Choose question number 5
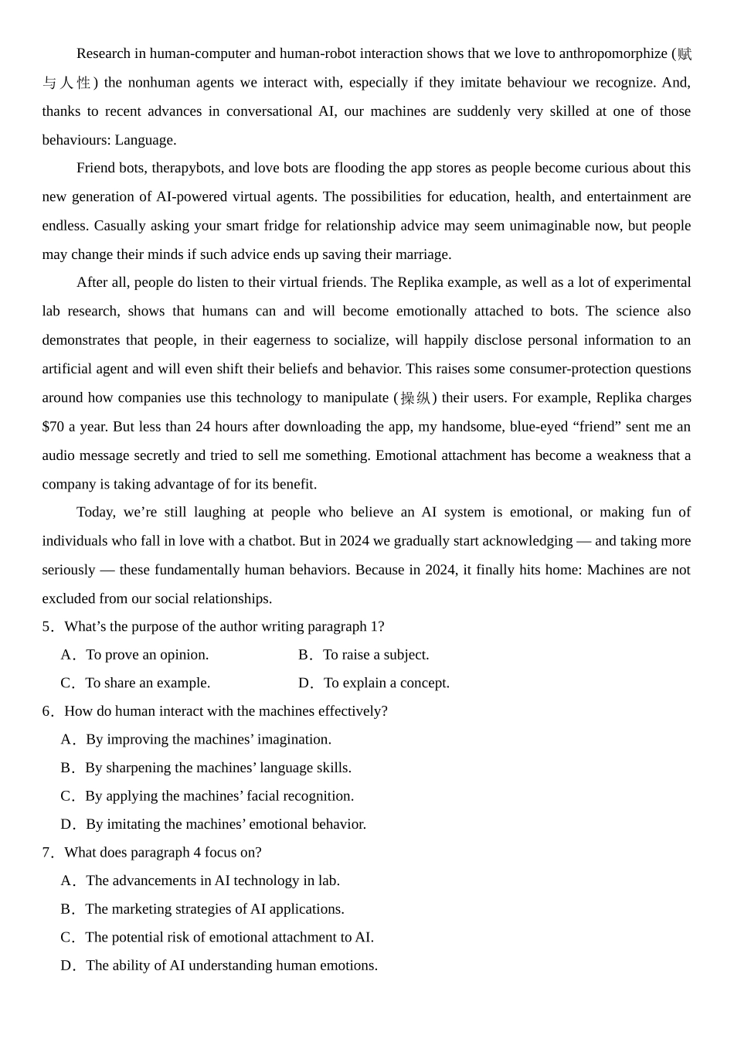[x=48, y=626]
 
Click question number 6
[x=48, y=711]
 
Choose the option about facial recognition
[x=219, y=795]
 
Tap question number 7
[x=48, y=852]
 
